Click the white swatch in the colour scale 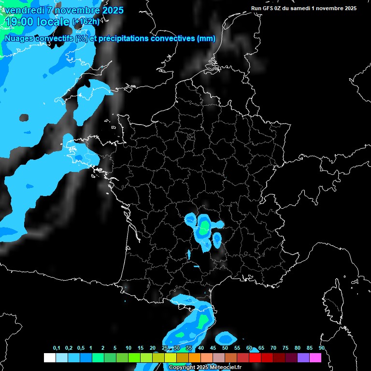click(49, 357)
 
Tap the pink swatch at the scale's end click(315, 357)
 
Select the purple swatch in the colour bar click(303, 357)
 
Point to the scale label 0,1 click(57, 348)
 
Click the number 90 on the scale click(321, 348)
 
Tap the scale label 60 click(249, 348)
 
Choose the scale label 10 click(128, 348)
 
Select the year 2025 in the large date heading click(110, 10)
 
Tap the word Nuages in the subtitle click(19, 39)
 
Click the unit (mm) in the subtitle click(206, 39)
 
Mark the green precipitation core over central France click(205, 226)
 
